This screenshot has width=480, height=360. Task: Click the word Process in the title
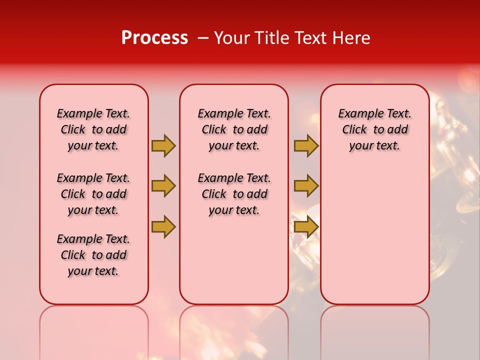point(154,38)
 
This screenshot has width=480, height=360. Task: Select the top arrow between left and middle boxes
point(163,145)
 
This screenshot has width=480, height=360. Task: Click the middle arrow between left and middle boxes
point(163,186)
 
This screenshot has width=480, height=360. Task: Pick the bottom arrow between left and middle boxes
point(163,226)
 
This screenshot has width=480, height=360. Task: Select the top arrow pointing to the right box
point(306,145)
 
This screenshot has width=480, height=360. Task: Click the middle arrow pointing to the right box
point(306,186)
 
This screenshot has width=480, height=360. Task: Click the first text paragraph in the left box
point(93,129)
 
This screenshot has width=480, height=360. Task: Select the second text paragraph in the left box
point(93,194)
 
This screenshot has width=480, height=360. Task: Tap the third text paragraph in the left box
point(93,255)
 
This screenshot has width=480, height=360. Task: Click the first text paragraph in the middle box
point(234,129)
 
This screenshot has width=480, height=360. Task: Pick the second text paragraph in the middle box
point(234,194)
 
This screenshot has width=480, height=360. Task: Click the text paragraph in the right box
point(374,129)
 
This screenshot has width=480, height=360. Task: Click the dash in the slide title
point(202,38)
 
